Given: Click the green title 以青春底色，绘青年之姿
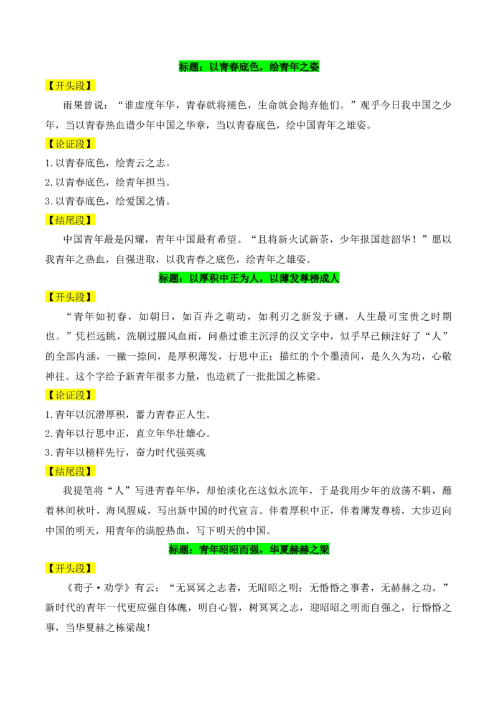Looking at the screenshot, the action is click(x=249, y=67).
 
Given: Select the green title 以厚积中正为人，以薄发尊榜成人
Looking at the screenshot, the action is click(x=249, y=278).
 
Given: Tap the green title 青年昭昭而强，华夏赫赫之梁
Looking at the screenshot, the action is click(x=249, y=549).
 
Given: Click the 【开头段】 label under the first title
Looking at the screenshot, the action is click(x=70, y=86).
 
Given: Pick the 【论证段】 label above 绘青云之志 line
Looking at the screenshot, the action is click(x=70, y=144).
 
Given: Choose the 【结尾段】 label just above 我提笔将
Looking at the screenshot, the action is click(x=70, y=471).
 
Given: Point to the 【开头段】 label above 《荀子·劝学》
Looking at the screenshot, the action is click(x=70, y=569).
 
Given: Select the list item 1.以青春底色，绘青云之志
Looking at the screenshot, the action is click(x=108, y=163).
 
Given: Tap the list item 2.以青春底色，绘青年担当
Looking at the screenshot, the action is click(x=108, y=182).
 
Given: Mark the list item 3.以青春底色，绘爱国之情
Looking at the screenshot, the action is click(x=108, y=201).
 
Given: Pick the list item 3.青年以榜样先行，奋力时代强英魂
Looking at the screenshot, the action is click(x=125, y=452).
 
